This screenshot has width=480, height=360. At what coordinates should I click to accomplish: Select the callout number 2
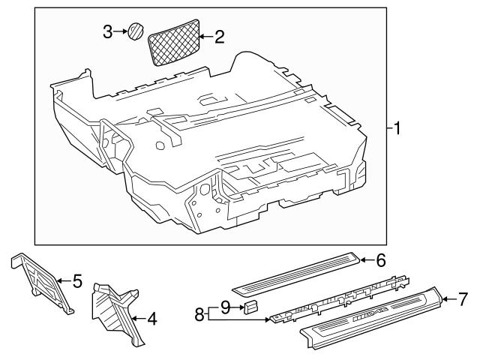219,36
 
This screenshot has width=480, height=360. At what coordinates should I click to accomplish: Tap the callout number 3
108,31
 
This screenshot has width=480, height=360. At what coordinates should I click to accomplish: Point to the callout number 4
151,319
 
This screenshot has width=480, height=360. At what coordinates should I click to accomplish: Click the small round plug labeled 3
136,31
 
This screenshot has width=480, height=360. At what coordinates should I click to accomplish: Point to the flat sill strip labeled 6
296,274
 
